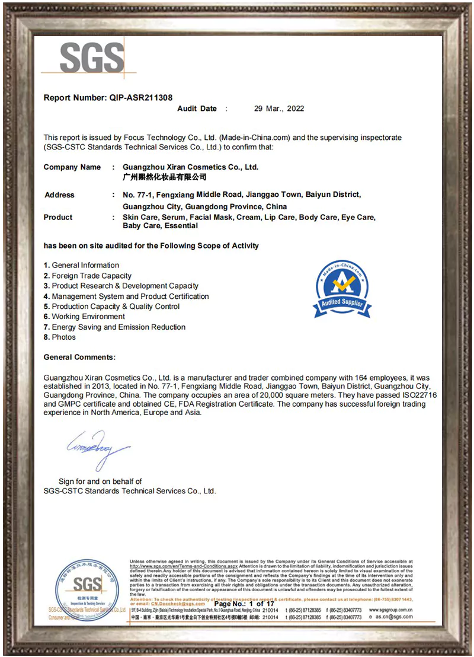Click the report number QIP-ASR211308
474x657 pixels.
tap(141, 98)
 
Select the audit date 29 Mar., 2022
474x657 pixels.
tap(279, 109)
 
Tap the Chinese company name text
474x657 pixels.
tap(164, 177)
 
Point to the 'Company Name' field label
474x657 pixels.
tap(72, 167)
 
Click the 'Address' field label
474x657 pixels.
tap(59, 195)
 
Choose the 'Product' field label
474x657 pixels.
tap(58, 218)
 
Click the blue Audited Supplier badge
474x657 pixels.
tap(342, 290)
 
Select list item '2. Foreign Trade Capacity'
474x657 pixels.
tap(88, 276)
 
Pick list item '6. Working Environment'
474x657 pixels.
tap(84, 317)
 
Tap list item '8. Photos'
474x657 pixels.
tap(60, 337)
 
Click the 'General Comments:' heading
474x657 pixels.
tap(79, 358)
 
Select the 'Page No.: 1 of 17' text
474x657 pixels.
tap(244, 604)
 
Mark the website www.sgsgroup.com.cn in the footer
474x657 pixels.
tap(390, 610)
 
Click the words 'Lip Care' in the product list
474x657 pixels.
tap(279, 218)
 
